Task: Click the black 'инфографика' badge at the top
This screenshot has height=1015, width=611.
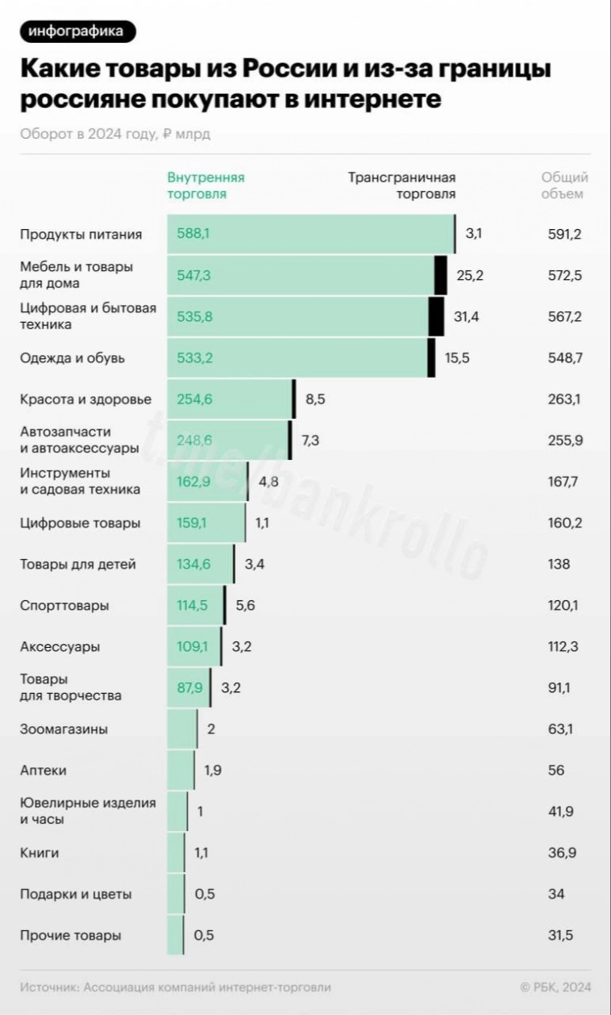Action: [77, 31]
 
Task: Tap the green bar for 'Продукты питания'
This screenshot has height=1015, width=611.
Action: [310, 234]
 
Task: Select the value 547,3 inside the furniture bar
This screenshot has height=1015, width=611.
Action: [194, 275]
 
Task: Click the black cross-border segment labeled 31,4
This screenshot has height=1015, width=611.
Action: [436, 316]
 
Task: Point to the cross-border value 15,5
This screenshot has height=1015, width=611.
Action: [457, 357]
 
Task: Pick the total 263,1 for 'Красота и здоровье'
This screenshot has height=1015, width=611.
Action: [564, 399]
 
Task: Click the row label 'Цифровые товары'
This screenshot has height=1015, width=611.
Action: [80, 523]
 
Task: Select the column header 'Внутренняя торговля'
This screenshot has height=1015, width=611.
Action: [206, 186]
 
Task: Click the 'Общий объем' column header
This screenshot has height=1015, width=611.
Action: [564, 186]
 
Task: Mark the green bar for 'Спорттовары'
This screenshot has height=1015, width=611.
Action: [195, 605]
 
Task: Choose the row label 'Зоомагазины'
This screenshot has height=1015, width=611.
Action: [64, 729]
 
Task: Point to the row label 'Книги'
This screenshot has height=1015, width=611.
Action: [39, 853]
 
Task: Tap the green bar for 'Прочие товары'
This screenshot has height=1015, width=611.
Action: [175, 935]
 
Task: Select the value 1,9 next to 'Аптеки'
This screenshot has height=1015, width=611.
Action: [213, 771]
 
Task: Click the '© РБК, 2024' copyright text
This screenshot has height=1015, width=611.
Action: [555, 987]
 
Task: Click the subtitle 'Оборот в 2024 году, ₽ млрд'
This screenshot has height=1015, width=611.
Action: [115, 134]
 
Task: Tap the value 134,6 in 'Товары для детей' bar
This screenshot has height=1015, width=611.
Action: [193, 564]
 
